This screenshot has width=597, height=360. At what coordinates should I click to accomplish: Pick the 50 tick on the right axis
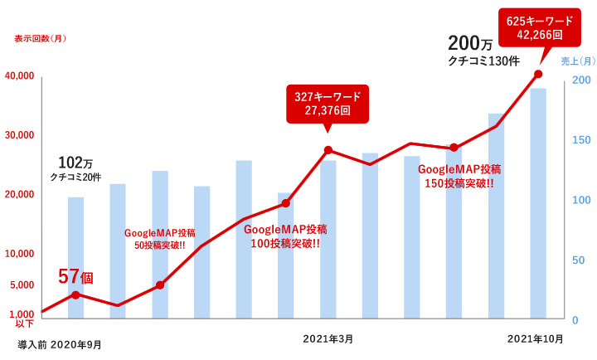click(580, 260)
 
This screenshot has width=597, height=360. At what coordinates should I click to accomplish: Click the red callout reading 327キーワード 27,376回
click(328, 104)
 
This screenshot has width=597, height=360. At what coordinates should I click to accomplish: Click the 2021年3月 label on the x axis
click(328, 338)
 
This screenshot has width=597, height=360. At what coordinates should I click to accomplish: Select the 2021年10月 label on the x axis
click(535, 338)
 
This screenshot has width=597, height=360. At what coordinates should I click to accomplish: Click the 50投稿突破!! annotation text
click(159, 245)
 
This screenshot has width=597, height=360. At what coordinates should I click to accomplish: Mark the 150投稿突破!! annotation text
click(459, 182)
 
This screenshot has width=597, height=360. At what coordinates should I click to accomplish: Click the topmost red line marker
click(538, 75)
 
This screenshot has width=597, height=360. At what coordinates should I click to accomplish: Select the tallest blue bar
click(538, 202)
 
